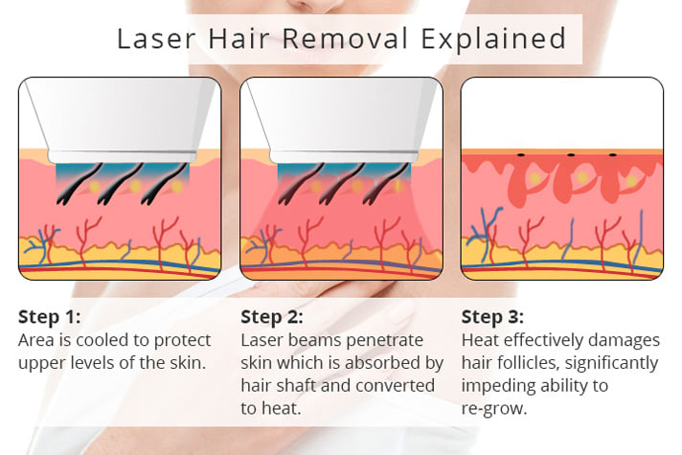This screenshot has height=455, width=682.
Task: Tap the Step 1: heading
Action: [x=50, y=317]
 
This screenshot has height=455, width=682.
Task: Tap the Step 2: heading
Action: [x=272, y=317]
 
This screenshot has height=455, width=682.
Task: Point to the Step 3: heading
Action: [x=493, y=317]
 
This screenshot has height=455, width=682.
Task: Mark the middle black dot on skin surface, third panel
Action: [x=571, y=154]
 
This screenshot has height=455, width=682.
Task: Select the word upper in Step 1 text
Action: [x=41, y=363]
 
